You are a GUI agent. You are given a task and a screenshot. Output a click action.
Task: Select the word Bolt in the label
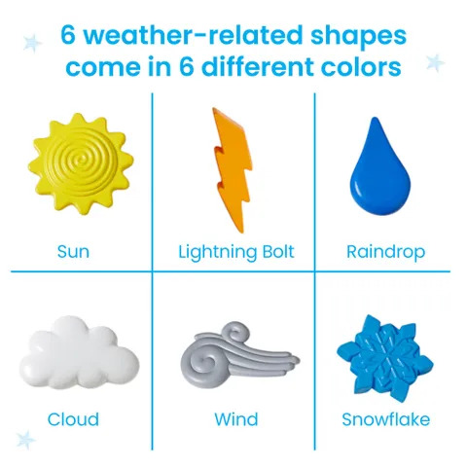[x=271, y=252]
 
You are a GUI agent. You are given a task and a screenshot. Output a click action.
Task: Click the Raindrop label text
[x=385, y=252]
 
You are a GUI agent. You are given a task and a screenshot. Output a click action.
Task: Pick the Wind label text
[x=235, y=419]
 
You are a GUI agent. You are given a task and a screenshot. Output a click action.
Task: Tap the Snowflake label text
[x=385, y=419]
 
